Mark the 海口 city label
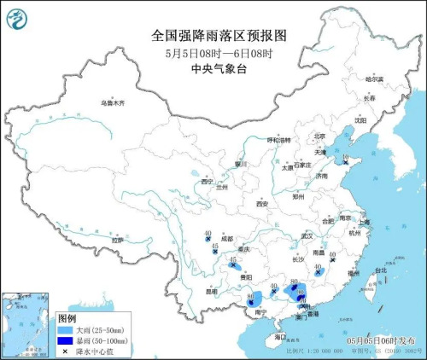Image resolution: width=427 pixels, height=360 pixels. coord(280,338)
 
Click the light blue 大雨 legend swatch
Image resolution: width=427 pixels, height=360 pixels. coord(65,328)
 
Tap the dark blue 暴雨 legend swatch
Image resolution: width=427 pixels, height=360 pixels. coord(65,340)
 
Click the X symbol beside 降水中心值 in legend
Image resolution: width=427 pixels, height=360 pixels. coord(65,351)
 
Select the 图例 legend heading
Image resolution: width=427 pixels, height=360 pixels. coord(67,317)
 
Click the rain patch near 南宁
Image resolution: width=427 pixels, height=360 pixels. coord(255,298)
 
